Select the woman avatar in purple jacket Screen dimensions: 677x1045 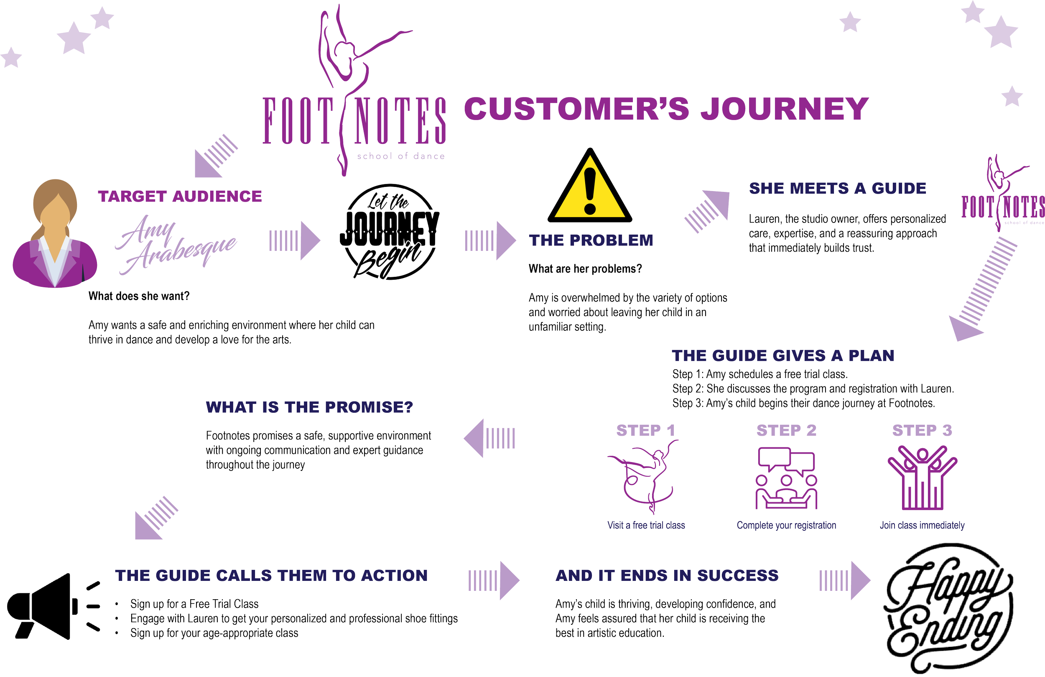point(54,235)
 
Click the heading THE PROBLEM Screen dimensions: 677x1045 point(591,240)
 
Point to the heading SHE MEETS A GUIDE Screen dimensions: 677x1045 point(837,189)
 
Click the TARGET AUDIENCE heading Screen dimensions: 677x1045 point(180,196)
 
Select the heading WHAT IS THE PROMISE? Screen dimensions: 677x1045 point(309,407)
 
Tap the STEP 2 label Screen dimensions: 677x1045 point(786,431)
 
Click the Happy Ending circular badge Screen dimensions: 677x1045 point(948,608)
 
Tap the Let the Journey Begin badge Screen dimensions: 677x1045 point(389,232)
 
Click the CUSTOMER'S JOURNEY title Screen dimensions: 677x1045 point(666,109)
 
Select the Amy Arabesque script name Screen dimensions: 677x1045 point(176,244)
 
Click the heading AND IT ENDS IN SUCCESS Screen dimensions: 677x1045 point(667,575)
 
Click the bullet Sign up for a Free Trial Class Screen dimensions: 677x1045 point(194,604)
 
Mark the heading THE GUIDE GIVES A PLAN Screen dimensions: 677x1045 point(783,355)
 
